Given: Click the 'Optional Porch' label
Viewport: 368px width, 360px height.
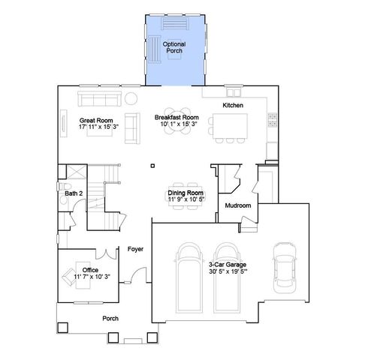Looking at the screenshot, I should tap(174, 47).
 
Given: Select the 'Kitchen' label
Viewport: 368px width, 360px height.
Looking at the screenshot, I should tap(234, 106).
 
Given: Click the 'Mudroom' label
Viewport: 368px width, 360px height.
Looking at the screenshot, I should tap(237, 205).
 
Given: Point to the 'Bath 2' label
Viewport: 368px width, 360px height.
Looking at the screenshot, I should tap(74, 193).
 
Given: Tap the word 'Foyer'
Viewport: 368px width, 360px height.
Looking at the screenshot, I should tap(135, 248).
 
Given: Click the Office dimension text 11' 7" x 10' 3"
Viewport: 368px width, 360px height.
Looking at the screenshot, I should tap(92, 277).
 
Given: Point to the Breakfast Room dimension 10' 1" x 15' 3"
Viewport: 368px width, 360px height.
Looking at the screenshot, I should tap(176, 124).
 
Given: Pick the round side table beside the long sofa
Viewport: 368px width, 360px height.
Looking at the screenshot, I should tap(131, 97).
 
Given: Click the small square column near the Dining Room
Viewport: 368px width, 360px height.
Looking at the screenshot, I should tap(152, 165).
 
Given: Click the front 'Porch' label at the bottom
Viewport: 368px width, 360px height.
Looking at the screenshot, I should tap(110, 317).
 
